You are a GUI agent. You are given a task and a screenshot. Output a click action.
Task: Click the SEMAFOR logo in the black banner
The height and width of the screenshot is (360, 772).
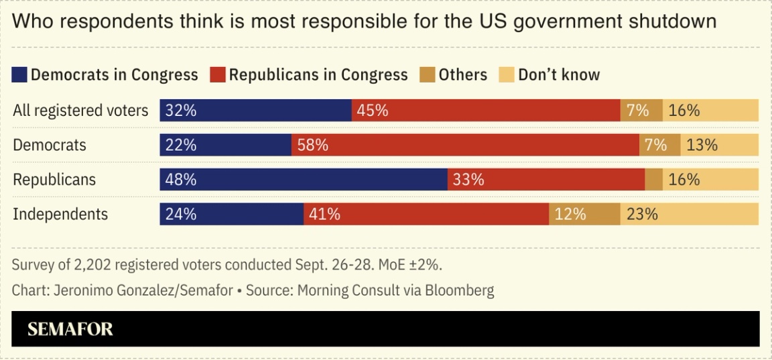click(x=70, y=329)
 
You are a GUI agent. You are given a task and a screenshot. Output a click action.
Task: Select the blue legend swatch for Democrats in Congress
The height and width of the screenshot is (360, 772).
click(x=19, y=74)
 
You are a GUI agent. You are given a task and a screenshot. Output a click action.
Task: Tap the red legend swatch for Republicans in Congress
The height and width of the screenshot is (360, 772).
click(x=218, y=74)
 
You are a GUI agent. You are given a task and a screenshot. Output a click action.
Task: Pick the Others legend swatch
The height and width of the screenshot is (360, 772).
click(x=428, y=74)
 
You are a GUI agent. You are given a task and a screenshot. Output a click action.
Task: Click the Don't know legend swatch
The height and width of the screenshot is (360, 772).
click(x=507, y=74)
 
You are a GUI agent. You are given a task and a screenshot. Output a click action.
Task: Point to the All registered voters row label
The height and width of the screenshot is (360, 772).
click(x=80, y=111)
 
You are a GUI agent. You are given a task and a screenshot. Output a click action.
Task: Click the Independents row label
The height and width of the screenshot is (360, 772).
click(x=60, y=214)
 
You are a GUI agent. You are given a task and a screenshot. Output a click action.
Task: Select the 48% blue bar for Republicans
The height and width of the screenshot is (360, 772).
click(x=303, y=180)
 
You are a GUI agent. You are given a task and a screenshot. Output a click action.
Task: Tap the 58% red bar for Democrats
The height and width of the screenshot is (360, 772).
click(x=465, y=145)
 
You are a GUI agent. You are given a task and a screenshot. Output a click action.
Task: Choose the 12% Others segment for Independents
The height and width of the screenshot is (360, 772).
click(x=584, y=214)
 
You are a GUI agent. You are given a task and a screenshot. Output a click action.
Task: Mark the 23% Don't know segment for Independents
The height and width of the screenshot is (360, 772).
click(x=689, y=214)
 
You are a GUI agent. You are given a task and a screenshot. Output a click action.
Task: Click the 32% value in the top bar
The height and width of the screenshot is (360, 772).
click(x=181, y=111)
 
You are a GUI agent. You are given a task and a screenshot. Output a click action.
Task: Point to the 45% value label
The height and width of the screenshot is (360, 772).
click(x=373, y=111)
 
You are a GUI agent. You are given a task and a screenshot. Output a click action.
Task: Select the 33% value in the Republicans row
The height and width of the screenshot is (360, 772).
click(x=468, y=180)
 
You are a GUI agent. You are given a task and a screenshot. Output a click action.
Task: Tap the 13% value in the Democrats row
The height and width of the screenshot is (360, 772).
click(x=702, y=145)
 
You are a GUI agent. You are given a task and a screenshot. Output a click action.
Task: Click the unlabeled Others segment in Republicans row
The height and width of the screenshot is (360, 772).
click(x=654, y=180)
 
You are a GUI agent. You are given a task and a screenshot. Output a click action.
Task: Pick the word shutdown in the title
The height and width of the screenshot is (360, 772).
click(x=672, y=21)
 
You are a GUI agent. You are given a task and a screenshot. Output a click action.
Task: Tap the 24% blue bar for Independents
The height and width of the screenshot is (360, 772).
click(x=231, y=214)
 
